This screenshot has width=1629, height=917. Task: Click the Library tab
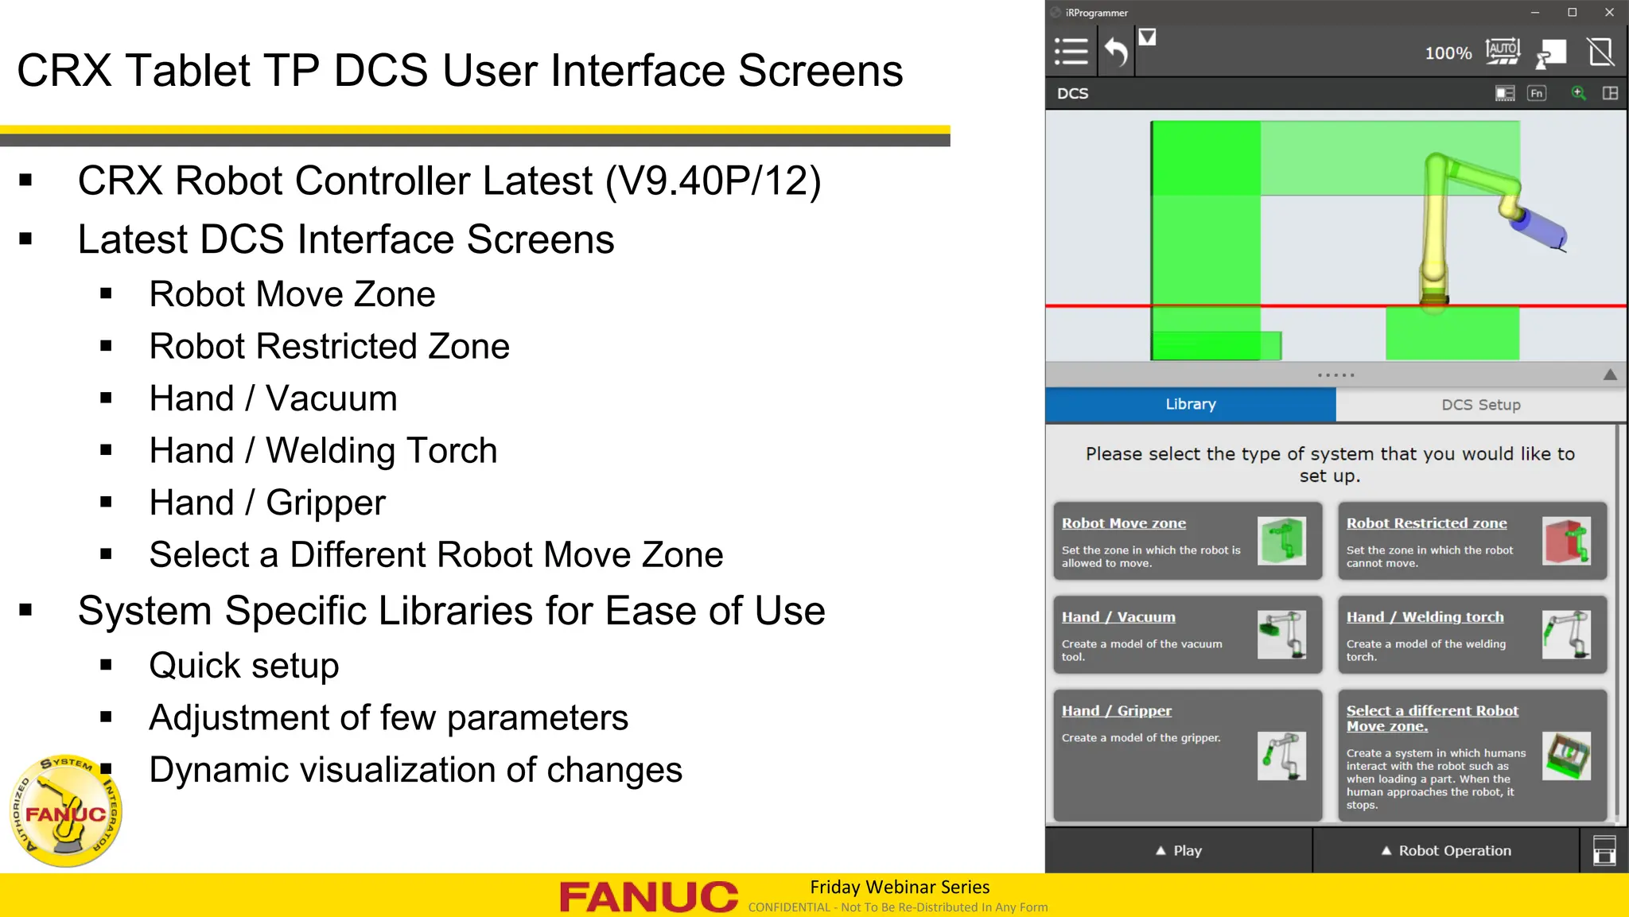tap(1190, 404)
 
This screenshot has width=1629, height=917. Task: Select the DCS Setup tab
tap(1480, 405)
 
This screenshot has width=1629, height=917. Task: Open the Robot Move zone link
tap(1123, 523)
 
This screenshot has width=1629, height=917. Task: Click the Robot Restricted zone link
tap(1425, 523)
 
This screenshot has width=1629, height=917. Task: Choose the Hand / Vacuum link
tap(1118, 617)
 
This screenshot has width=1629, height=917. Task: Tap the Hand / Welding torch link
tap(1424, 617)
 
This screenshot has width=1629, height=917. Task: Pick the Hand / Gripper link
tap(1116, 711)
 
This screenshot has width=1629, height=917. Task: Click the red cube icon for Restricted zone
tap(1565, 541)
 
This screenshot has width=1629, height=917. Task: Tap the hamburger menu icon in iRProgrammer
tap(1071, 52)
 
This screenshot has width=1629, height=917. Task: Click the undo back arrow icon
tap(1116, 52)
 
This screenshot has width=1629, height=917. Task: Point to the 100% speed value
tap(1448, 53)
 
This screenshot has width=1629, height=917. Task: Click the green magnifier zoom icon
tap(1578, 93)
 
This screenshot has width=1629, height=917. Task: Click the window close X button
tap(1609, 12)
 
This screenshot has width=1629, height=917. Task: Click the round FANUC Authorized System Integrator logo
tap(65, 810)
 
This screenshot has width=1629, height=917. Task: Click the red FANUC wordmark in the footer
tap(648, 896)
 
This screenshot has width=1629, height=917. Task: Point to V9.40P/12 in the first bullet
tap(713, 181)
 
